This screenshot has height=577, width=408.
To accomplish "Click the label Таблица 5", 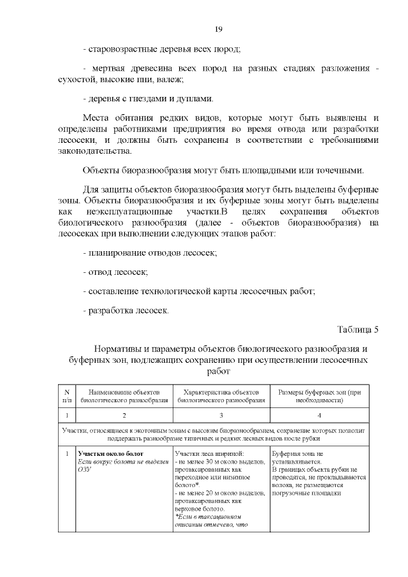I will (358, 330).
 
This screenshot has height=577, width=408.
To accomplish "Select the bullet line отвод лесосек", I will (115, 272).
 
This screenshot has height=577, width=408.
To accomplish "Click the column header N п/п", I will (66, 396).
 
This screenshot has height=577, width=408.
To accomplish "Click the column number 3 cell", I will (221, 415).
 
